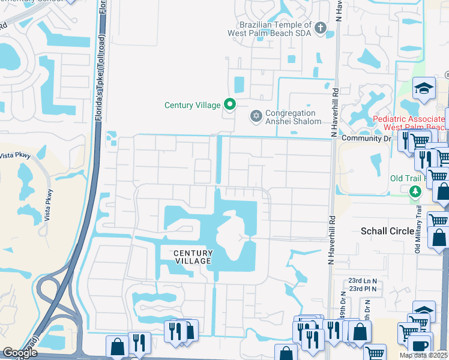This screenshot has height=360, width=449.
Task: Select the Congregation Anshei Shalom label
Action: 291,117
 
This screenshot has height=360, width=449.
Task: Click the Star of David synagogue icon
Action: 256,115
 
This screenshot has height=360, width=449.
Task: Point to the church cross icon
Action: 321,28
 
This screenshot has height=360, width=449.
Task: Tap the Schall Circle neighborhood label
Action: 387,231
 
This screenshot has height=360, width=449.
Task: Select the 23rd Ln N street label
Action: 363,280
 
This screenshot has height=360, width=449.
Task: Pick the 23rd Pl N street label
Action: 363,289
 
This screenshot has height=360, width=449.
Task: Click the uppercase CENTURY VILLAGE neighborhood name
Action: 193,257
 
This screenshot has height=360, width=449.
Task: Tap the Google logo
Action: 19,353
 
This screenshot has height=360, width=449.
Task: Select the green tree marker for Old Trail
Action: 415,191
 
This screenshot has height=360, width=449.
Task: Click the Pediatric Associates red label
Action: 411,123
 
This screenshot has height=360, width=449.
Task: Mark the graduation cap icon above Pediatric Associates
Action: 424,88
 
